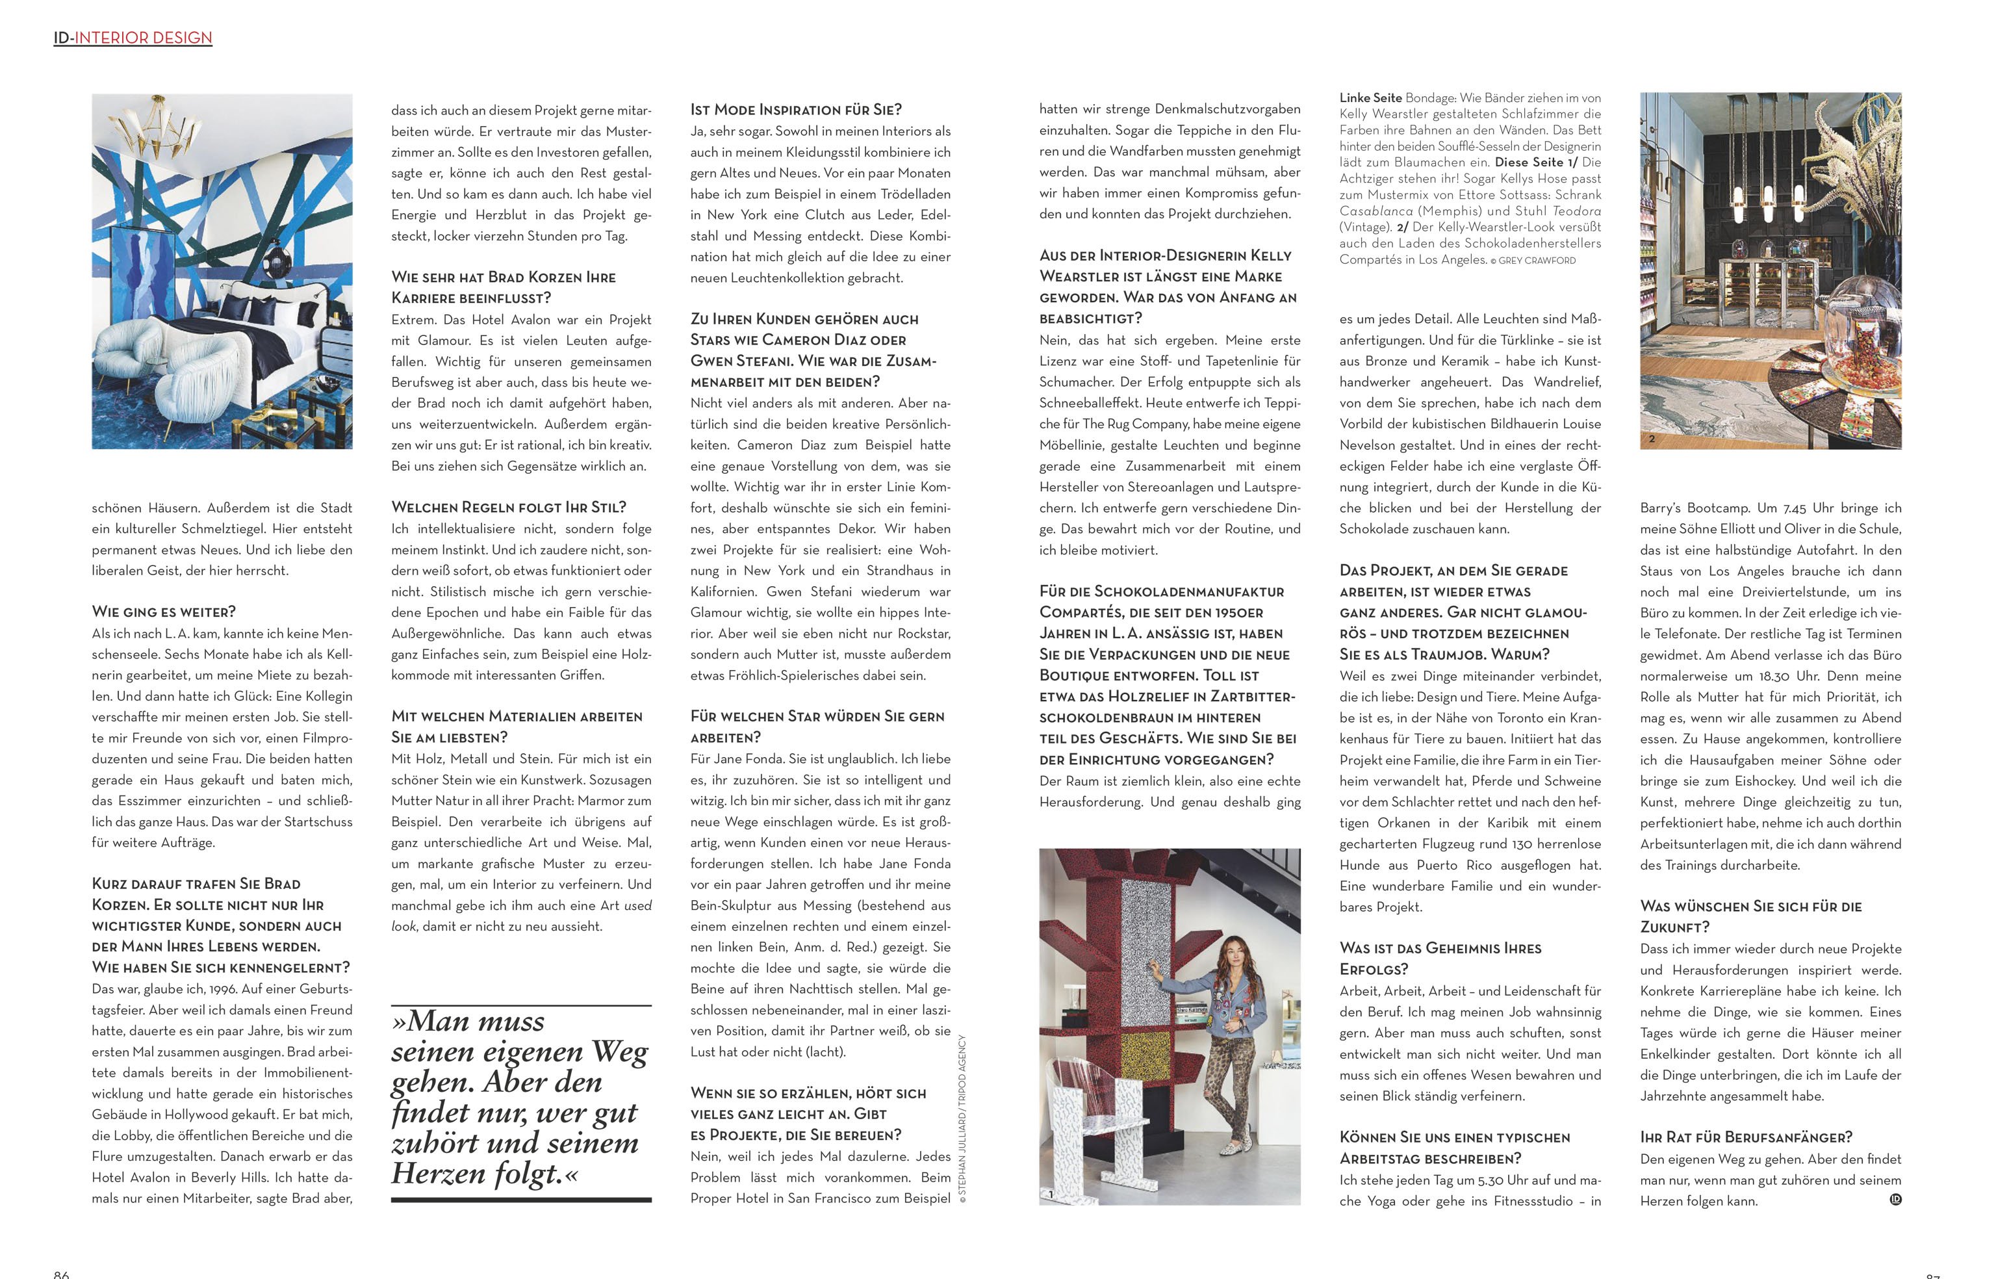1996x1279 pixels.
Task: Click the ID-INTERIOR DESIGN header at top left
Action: click(133, 38)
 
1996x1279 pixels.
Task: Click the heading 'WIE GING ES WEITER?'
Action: click(164, 612)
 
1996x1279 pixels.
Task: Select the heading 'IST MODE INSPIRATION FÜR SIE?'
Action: click(795, 110)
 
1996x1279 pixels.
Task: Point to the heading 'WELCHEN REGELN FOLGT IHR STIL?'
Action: click(508, 508)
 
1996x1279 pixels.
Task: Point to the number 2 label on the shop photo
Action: click(1652, 439)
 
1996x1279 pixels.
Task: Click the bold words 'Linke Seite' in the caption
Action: click(1370, 98)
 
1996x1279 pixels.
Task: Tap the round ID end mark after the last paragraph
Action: click(1895, 1199)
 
